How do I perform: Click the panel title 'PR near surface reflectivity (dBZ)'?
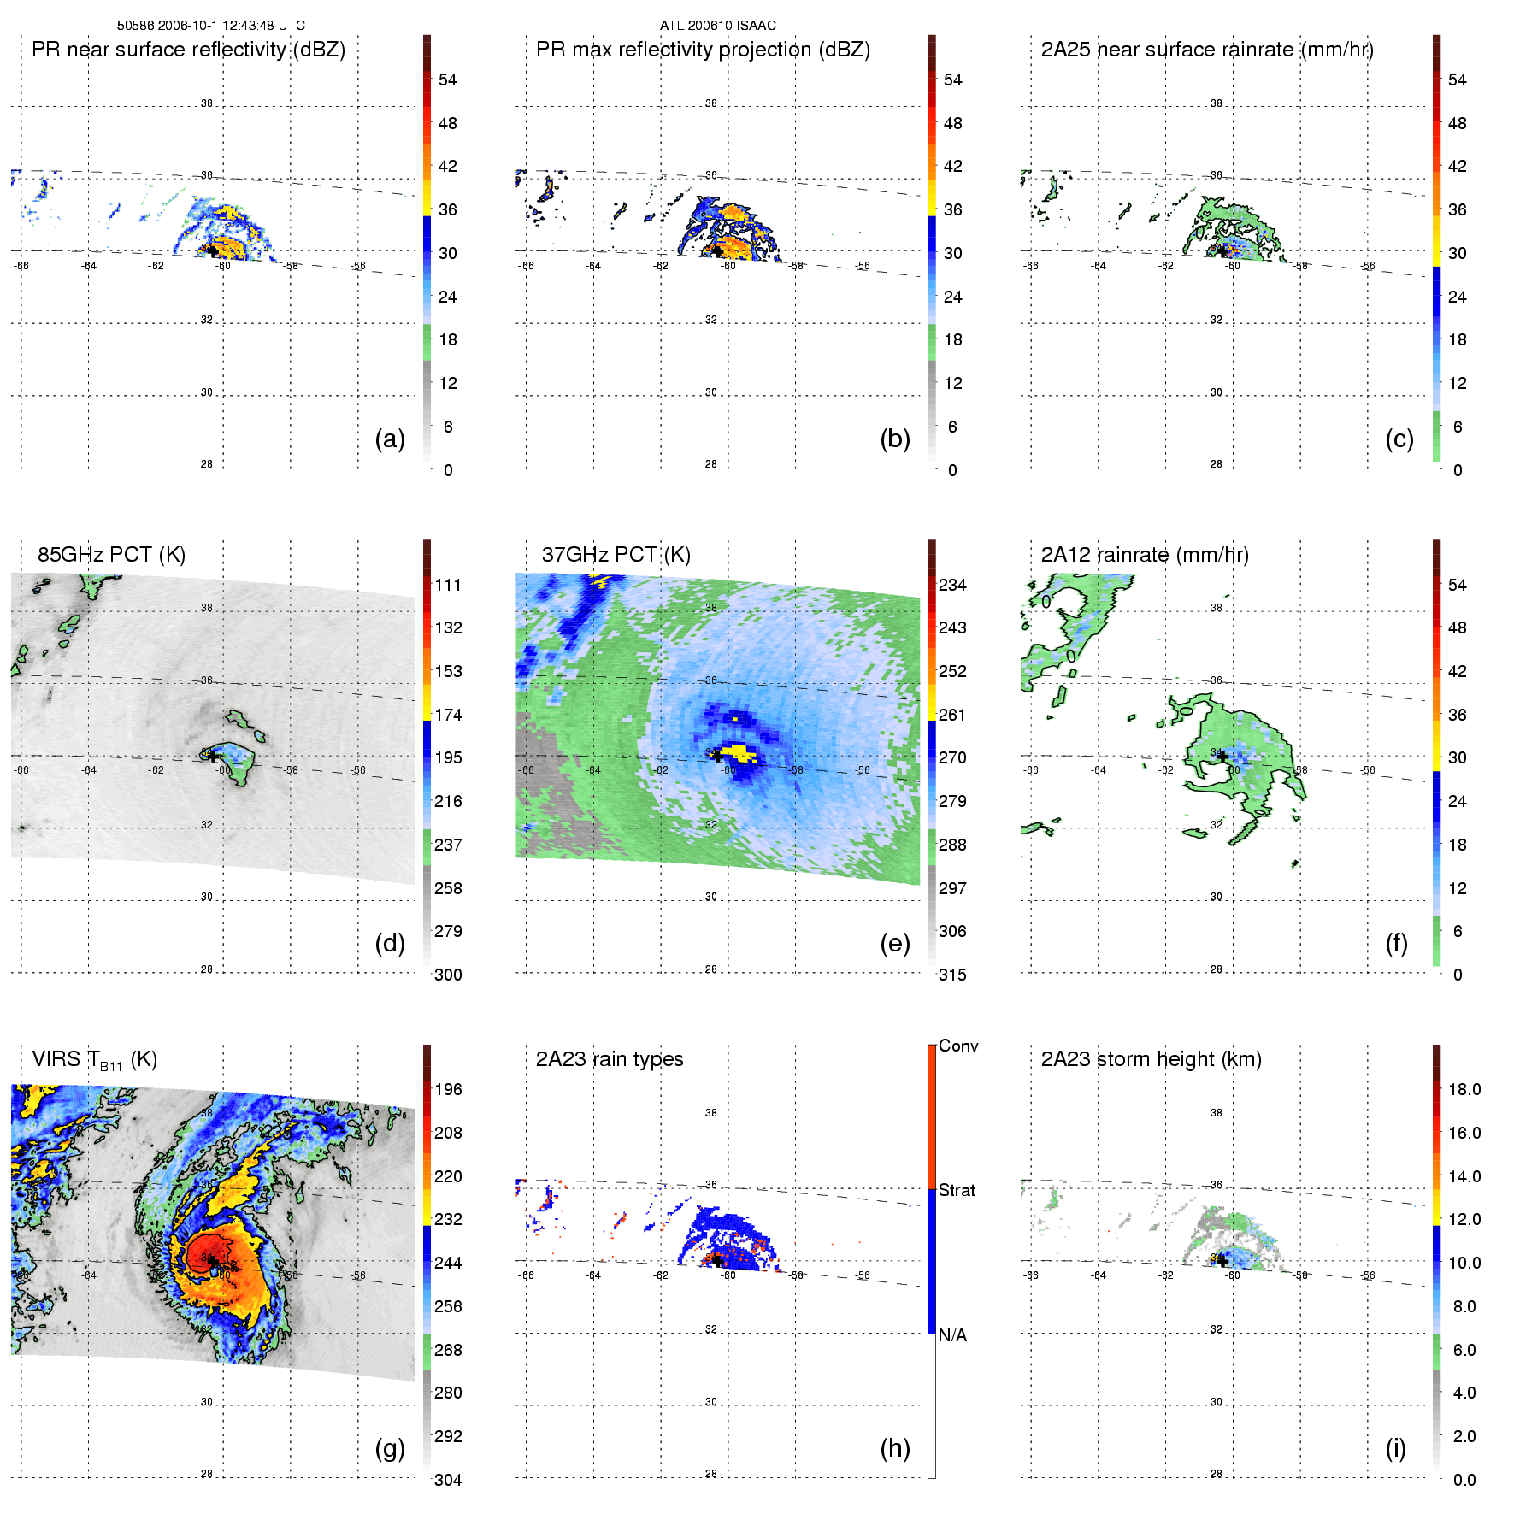pos(188,50)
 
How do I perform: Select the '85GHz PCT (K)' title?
pos(111,555)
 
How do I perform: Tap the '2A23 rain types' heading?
pos(610,1059)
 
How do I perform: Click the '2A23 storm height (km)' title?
pos(1151,1059)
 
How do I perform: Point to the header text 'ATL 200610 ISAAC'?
pos(718,26)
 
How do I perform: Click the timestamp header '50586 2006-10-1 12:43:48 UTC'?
pos(211,26)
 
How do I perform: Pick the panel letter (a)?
pos(390,439)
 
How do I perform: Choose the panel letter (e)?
pos(895,943)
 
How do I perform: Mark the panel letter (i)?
pos(1395,1448)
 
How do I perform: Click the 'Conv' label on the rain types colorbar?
pos(958,1046)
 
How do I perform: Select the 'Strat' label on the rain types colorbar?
pos(957,1191)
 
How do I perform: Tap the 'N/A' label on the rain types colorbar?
pos(952,1335)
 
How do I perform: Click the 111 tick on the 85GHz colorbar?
pos(448,586)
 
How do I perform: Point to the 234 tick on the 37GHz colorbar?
pos(952,586)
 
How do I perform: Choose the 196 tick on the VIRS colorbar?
pos(448,1090)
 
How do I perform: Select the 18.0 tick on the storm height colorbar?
pos(1464,1090)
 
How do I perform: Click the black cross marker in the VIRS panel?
pos(211,1260)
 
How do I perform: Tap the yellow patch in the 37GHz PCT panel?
pos(737,753)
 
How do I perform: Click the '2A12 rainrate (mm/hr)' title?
pos(1145,555)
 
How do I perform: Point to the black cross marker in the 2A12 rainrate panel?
pos(1222,756)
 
